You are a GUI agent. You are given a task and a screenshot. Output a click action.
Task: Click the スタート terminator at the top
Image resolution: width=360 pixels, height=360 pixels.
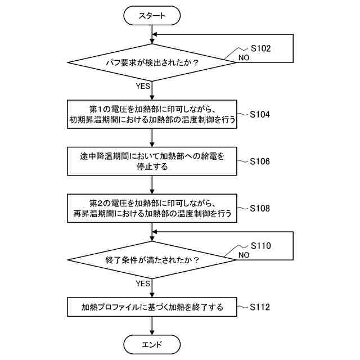(x=152, y=16)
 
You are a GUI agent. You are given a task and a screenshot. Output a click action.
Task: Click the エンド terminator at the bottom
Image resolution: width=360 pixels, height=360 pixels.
(x=152, y=344)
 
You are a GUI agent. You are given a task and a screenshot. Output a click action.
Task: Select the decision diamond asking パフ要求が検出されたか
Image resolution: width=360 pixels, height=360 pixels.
(x=152, y=62)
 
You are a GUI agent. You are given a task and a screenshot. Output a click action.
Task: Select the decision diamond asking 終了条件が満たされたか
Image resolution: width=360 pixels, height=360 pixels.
(x=152, y=260)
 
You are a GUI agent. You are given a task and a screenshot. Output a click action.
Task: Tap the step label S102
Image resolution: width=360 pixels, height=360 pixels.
(x=260, y=48)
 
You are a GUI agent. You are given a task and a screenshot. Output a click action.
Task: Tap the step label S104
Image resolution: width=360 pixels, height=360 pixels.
(x=260, y=114)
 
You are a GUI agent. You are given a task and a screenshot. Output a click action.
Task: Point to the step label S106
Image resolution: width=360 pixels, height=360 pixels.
(x=260, y=161)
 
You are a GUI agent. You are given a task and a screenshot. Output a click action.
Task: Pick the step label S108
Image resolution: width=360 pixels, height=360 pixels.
(x=260, y=208)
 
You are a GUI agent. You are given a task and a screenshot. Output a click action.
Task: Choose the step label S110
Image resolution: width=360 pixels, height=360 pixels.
(x=260, y=246)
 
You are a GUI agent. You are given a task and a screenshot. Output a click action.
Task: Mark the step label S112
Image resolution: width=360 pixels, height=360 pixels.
(x=260, y=307)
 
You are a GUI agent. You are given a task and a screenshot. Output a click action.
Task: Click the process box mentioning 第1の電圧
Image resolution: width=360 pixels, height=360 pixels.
(x=152, y=114)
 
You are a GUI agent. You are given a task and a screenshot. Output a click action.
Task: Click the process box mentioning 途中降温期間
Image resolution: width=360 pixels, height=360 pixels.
(x=152, y=161)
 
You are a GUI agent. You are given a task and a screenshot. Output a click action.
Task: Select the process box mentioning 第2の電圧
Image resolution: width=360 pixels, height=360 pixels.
(x=152, y=208)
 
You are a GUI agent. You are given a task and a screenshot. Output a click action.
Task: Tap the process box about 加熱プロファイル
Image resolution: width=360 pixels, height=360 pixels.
(x=152, y=307)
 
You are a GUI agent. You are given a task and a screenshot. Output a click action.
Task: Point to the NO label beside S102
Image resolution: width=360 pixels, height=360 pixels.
(x=244, y=57)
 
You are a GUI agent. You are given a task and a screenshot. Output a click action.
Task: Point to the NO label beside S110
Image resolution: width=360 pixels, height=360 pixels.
(x=244, y=255)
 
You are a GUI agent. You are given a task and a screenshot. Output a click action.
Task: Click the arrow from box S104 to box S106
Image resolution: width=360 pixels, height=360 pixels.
(x=152, y=138)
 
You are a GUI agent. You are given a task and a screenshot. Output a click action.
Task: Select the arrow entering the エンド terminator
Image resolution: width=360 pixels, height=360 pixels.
(x=152, y=327)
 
